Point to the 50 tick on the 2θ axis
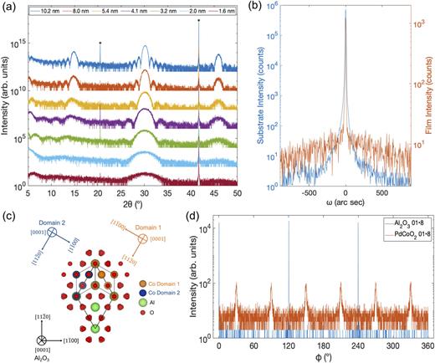point(238,192)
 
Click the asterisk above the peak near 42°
point(199,21)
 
